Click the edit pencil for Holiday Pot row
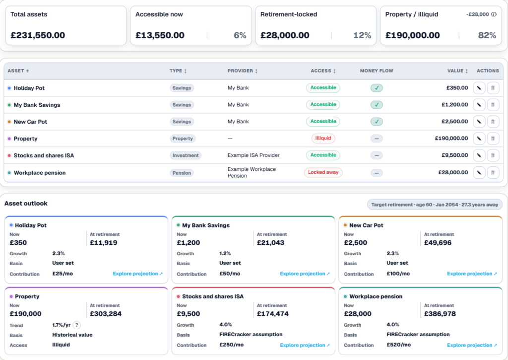tap(479, 88)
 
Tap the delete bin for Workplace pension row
tap(493, 172)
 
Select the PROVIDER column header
tap(242, 71)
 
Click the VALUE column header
tap(457, 71)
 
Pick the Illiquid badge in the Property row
tap(323, 138)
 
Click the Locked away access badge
tap(323, 172)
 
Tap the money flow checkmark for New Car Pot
tap(377, 122)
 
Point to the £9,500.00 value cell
tap(455, 155)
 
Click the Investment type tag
tap(186, 155)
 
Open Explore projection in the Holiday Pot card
tap(138, 274)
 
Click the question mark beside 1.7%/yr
tap(77, 325)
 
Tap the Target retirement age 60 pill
tap(435, 205)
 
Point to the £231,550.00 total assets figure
tap(38, 35)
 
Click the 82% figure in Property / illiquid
tap(487, 35)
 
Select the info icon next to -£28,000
tap(494, 14)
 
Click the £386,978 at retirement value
tap(440, 314)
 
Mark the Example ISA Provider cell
tap(254, 155)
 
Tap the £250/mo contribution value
tap(231, 345)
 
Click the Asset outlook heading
tap(26, 204)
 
